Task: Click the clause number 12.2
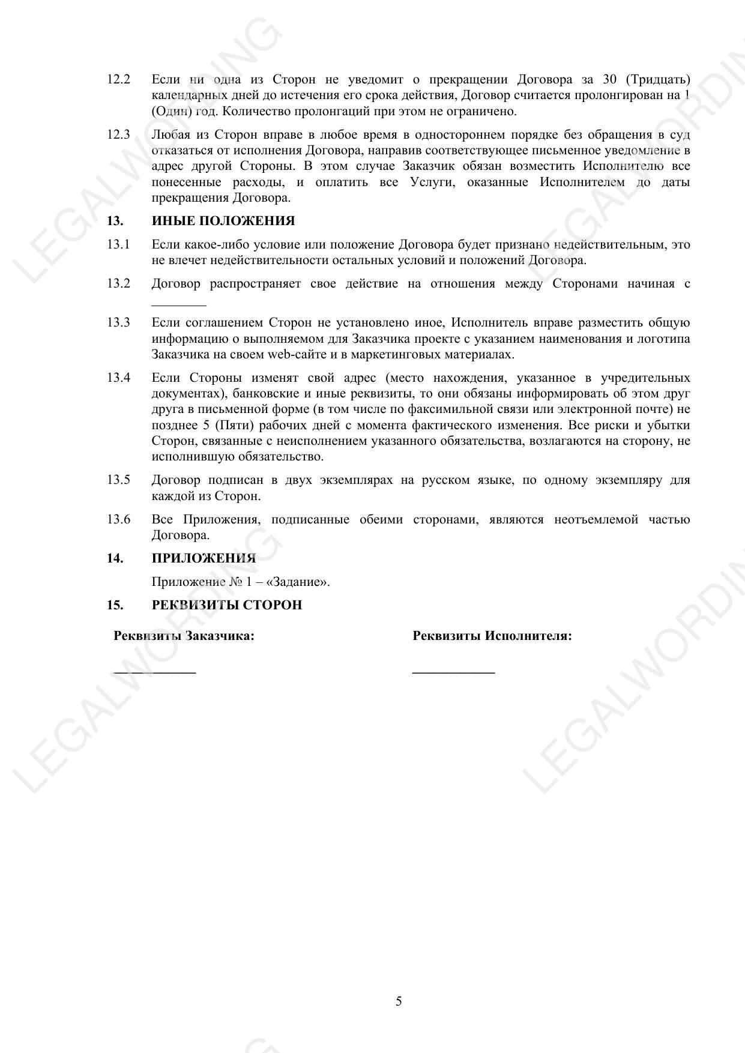click(x=118, y=80)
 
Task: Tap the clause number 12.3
click(x=118, y=134)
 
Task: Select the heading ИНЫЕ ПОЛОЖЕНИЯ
click(x=223, y=221)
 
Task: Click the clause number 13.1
click(x=118, y=244)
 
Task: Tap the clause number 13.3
click(x=118, y=323)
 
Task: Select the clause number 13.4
click(x=118, y=378)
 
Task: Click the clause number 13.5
click(x=118, y=480)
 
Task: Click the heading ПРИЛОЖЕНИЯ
click(x=204, y=558)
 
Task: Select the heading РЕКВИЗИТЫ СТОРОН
click(x=227, y=605)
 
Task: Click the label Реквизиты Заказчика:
click(x=184, y=636)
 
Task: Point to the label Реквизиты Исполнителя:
click(x=492, y=636)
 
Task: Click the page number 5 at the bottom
click(x=399, y=1001)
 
